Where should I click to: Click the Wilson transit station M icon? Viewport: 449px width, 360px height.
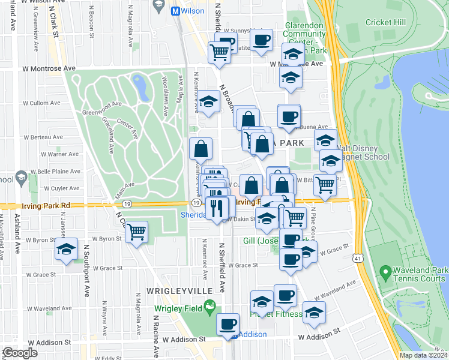point(176,11)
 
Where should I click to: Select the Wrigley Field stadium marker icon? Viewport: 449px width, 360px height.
point(209,308)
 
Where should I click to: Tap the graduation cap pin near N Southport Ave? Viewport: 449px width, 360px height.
point(66,250)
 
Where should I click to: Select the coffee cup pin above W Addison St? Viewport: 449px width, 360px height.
point(228,325)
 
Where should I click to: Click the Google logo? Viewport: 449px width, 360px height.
point(19,353)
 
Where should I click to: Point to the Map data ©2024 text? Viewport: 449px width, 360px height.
point(423,355)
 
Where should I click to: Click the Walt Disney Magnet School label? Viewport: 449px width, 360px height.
point(358,153)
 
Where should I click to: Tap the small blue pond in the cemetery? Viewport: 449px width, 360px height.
point(142,88)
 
